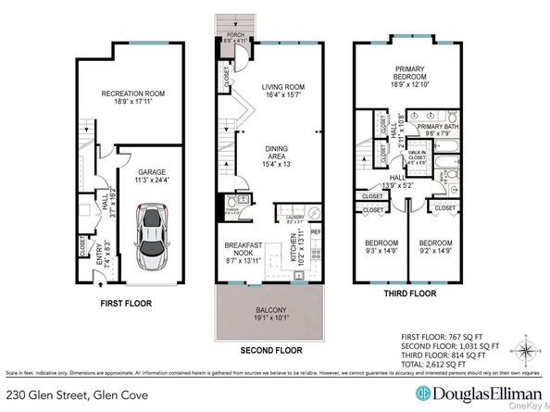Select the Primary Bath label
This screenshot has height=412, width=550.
click(x=435, y=128)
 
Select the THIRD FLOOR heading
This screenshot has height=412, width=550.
click(x=407, y=293)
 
